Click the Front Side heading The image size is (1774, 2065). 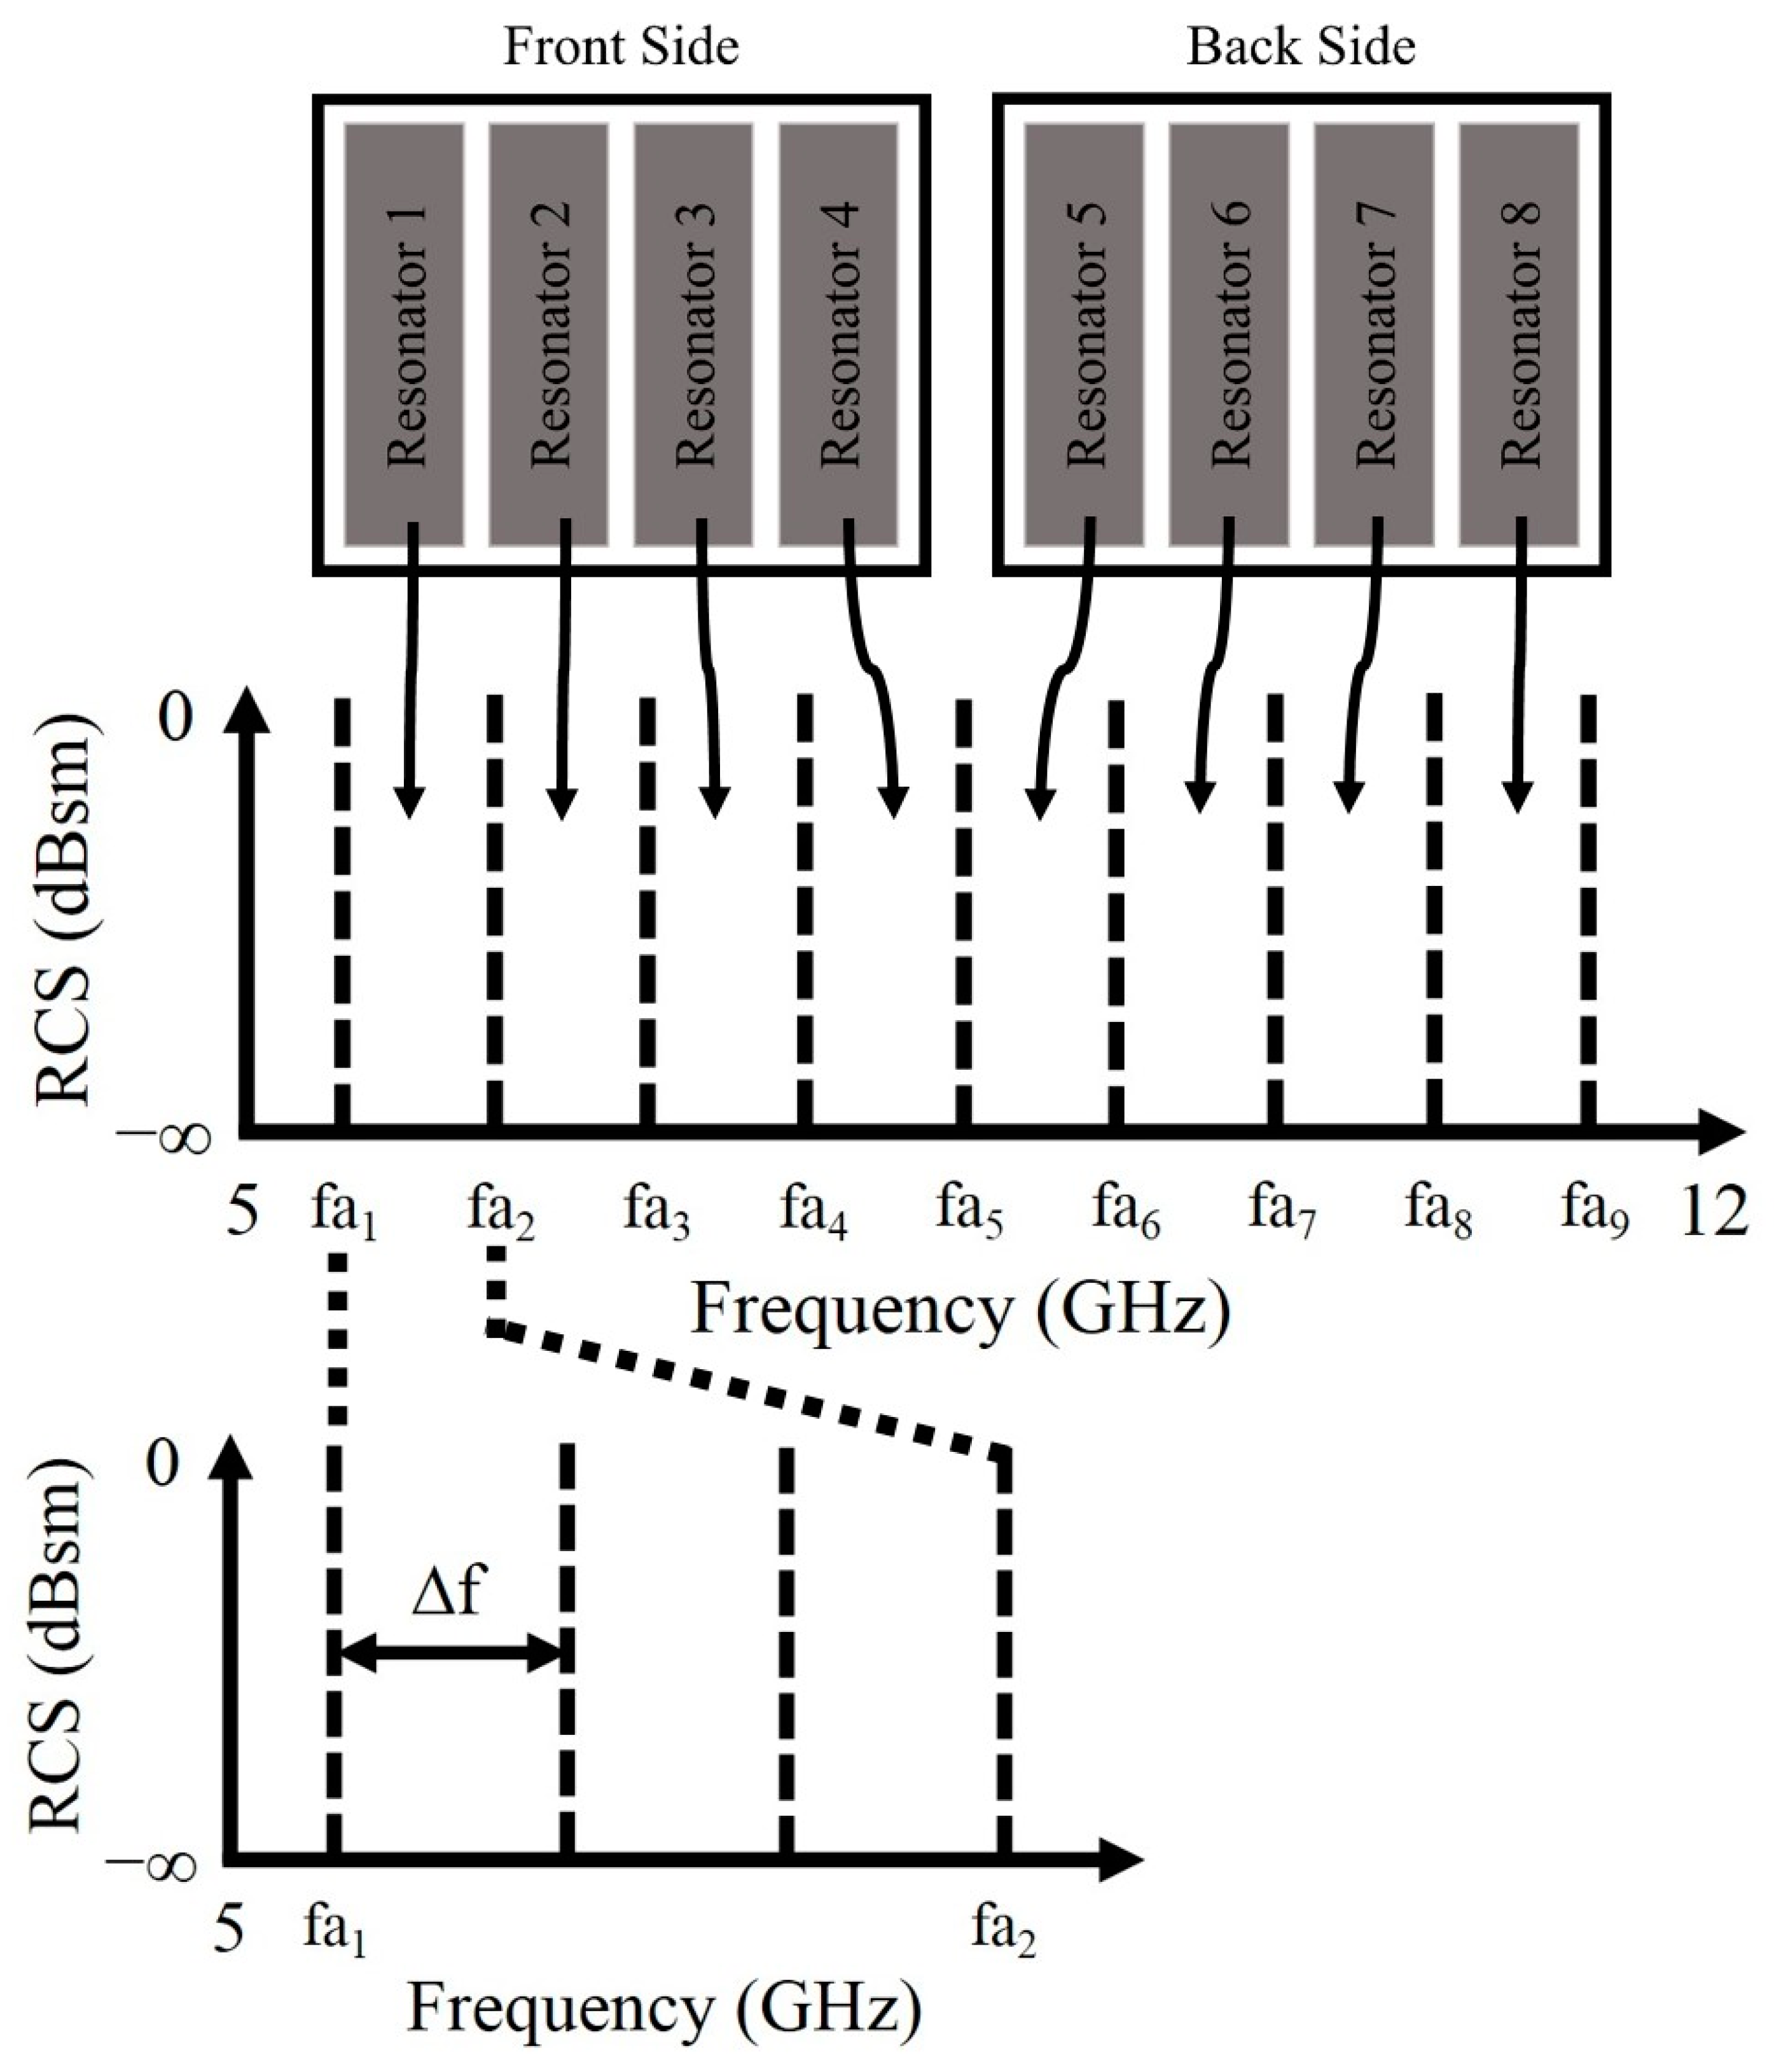[x=620, y=48]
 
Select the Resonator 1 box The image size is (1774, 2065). [x=404, y=334]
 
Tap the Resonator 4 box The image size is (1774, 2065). [x=837, y=334]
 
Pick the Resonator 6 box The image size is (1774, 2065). [x=1228, y=334]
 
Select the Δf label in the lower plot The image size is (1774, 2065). [x=448, y=1591]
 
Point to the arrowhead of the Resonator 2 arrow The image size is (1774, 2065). [x=562, y=803]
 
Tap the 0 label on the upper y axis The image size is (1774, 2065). [x=176, y=717]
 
